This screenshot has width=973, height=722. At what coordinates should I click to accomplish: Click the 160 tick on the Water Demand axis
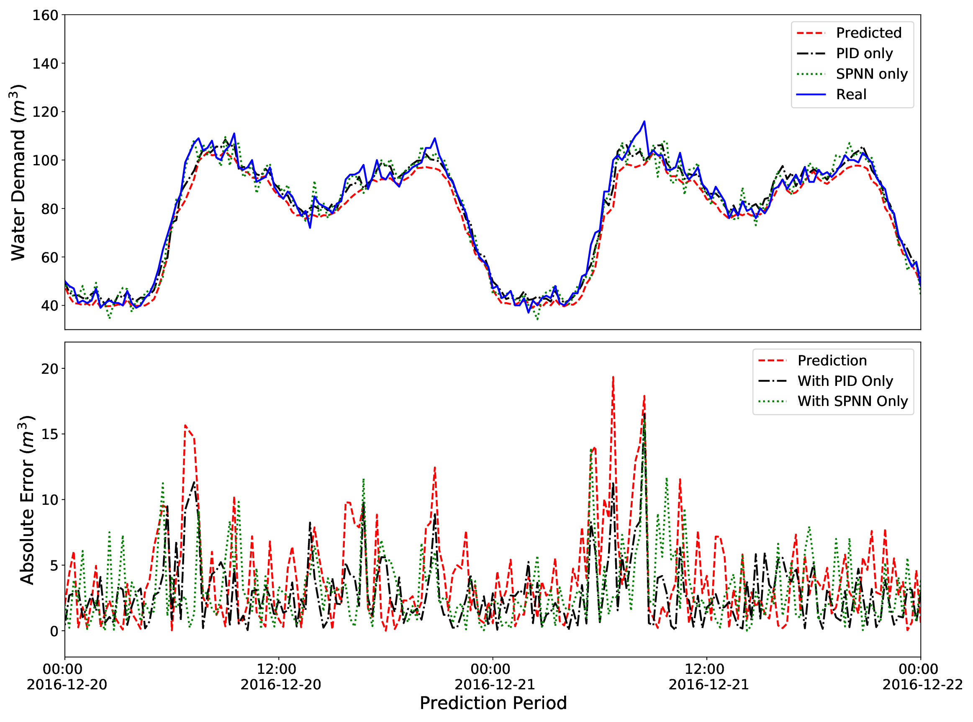point(45,15)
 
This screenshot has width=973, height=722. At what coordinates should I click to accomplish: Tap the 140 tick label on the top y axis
point(45,64)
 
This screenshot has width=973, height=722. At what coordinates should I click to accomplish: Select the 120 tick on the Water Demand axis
point(45,112)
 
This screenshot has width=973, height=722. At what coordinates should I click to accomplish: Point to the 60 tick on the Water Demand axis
point(49,257)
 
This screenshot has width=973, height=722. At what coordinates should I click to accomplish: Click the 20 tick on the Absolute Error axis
point(49,369)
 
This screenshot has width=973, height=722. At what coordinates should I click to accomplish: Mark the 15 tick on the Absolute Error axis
point(49,434)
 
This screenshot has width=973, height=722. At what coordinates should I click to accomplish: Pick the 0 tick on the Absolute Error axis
point(54,631)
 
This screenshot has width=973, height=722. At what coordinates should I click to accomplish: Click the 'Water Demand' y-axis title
point(18,172)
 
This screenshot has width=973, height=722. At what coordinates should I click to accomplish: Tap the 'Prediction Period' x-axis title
point(493,703)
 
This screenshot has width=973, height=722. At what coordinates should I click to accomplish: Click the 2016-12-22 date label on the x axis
point(922,684)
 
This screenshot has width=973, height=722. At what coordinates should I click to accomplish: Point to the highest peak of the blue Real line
point(644,121)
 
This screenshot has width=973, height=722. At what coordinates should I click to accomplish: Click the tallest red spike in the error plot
point(613,377)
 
